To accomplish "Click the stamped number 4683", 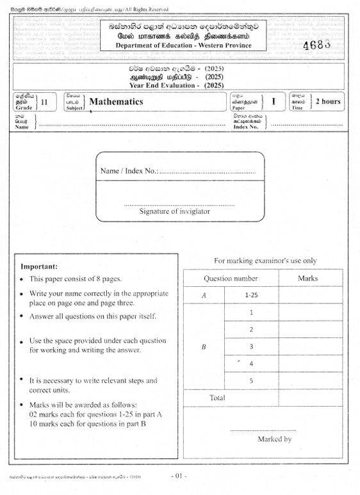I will click(x=320, y=45).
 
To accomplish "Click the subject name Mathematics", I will click(x=116, y=101).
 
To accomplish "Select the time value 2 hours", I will click(x=327, y=101).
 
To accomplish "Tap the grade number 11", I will click(x=44, y=101).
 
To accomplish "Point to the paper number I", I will click(x=273, y=101).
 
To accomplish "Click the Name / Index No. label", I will click(x=129, y=172).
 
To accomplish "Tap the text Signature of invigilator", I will click(x=174, y=211).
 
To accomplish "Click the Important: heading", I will click(x=39, y=266).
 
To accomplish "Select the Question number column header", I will click(x=231, y=279).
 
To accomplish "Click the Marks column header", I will click(x=307, y=279).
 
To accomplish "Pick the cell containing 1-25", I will click(x=251, y=295).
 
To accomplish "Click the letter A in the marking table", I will click(x=204, y=295).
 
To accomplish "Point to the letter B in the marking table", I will click(x=204, y=347).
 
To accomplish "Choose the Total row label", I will click(x=218, y=398).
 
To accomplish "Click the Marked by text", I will click(x=274, y=439).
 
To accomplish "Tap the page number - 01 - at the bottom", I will click(x=179, y=476).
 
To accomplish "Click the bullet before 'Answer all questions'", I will click(x=23, y=316).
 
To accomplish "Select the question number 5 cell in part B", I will click(x=251, y=381).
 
